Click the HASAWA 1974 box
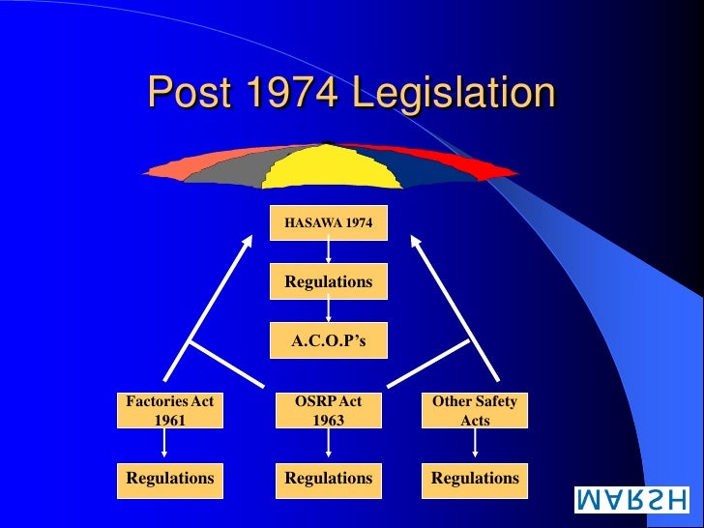click(329, 223)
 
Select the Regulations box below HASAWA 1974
click(329, 281)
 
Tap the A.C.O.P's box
click(329, 340)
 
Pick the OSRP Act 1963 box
click(329, 410)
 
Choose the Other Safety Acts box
click(475, 410)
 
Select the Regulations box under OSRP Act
click(329, 478)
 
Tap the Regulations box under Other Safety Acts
click(475, 478)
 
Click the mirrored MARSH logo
click(632, 500)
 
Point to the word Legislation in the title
click(454, 94)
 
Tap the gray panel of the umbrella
click(224, 167)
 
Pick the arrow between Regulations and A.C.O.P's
click(329, 310)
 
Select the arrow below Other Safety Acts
click(475, 443)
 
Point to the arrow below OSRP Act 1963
click(329, 443)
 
